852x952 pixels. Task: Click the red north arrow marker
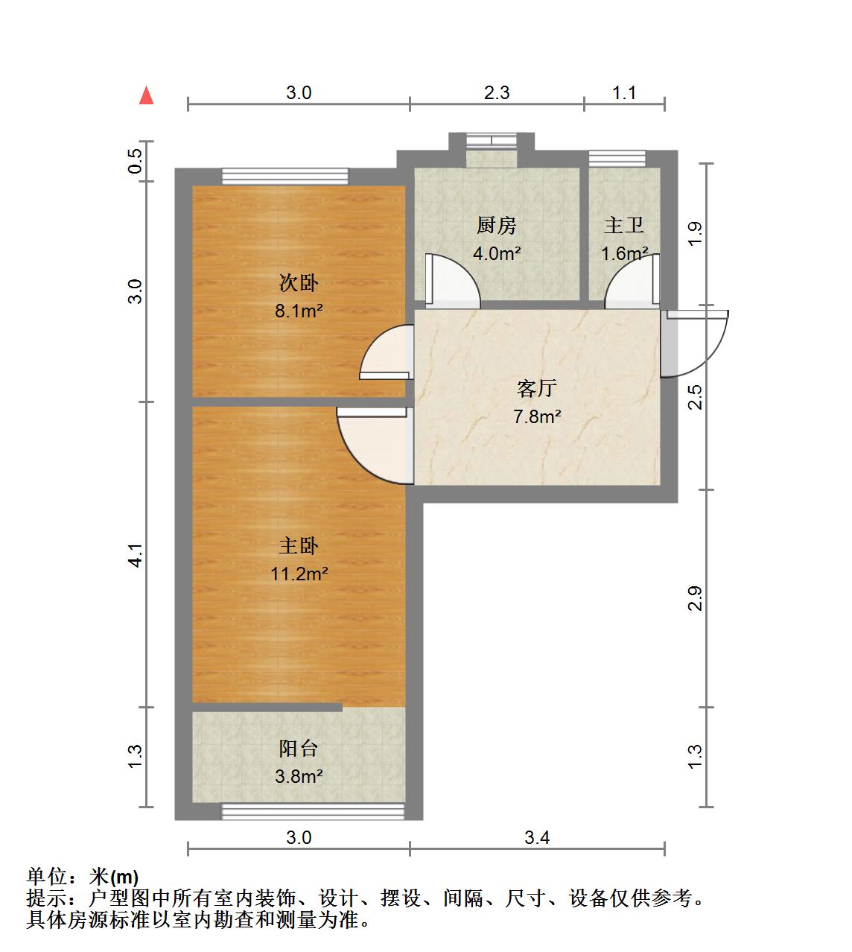pyautogui.click(x=147, y=95)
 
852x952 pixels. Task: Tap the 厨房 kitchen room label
pyautogui.click(x=497, y=225)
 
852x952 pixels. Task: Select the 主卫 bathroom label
pyautogui.click(x=623, y=225)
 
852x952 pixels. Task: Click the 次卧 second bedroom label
pyautogui.click(x=299, y=283)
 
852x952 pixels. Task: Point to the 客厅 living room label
pyautogui.click(x=536, y=388)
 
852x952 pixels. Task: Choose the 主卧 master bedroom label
pyautogui.click(x=299, y=546)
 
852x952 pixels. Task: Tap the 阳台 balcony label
pyautogui.click(x=299, y=749)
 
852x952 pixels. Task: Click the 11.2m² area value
pyautogui.click(x=299, y=574)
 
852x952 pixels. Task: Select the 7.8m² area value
pyautogui.click(x=536, y=416)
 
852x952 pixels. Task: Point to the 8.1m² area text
pyautogui.click(x=299, y=311)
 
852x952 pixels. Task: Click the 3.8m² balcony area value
pyautogui.click(x=299, y=777)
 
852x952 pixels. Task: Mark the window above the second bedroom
pyautogui.click(x=285, y=176)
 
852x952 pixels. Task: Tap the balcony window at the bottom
pyautogui.click(x=313, y=811)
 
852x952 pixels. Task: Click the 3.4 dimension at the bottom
pyautogui.click(x=536, y=838)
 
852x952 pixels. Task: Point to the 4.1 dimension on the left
pyautogui.click(x=135, y=555)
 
